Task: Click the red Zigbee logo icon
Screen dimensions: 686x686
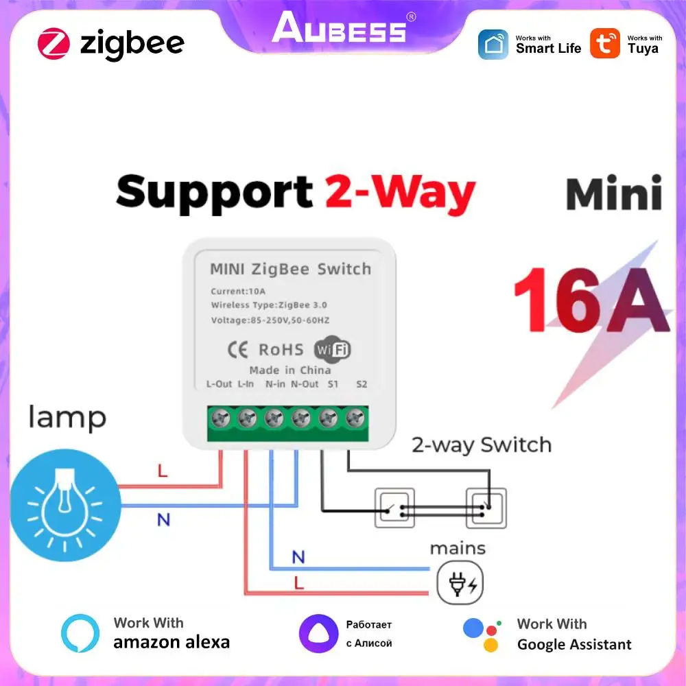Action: [x=54, y=44]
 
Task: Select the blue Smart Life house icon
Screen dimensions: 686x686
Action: [x=493, y=44]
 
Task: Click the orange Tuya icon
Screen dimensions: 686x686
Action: [x=605, y=44]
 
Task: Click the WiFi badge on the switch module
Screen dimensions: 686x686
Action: [x=332, y=349]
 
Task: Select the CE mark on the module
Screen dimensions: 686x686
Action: [x=237, y=349]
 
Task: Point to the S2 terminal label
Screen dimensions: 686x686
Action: [x=362, y=384]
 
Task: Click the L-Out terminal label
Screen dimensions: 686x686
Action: [x=219, y=384]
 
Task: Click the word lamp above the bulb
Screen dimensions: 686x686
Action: [x=67, y=417]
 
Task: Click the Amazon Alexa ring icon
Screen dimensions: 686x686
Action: [x=80, y=632]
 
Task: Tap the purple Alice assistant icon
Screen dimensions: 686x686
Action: [x=318, y=633]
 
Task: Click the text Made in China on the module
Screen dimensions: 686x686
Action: [x=289, y=370]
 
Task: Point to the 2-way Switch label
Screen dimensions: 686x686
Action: [x=481, y=445]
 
